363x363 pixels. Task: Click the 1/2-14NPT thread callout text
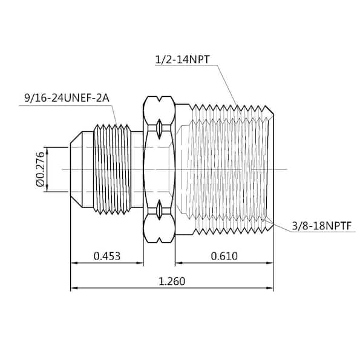[x=182, y=59]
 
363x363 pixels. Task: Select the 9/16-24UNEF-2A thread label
[x=67, y=98]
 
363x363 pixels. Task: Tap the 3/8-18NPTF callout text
[x=322, y=226]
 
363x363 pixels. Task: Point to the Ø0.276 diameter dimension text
[x=40, y=169]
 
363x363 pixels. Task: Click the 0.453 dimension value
[x=107, y=256]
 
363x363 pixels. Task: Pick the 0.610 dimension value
[x=224, y=256]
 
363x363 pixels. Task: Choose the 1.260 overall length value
[x=172, y=281]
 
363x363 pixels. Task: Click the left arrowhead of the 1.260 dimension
[x=74, y=288]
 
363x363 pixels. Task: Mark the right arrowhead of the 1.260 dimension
[x=270, y=288]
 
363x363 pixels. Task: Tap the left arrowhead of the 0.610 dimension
[x=178, y=263]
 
